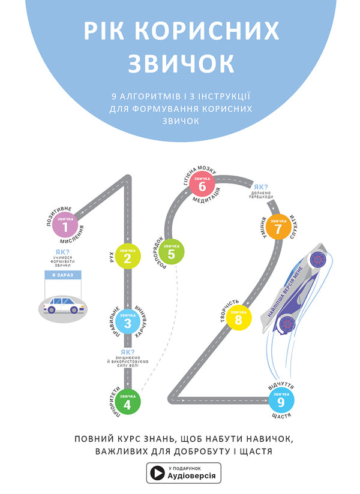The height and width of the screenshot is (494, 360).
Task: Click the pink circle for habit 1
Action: point(69,224)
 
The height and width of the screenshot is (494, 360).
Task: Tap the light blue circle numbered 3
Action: point(128,322)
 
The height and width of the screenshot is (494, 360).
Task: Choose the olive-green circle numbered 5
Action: point(172,251)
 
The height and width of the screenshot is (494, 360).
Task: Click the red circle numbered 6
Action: point(202,184)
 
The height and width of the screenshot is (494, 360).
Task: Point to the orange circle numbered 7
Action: point(278,226)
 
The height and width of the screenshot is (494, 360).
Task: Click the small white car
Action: point(64,304)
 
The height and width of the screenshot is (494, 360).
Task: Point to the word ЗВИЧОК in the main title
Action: point(180,62)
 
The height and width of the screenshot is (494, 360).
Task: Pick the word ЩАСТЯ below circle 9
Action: point(281,416)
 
